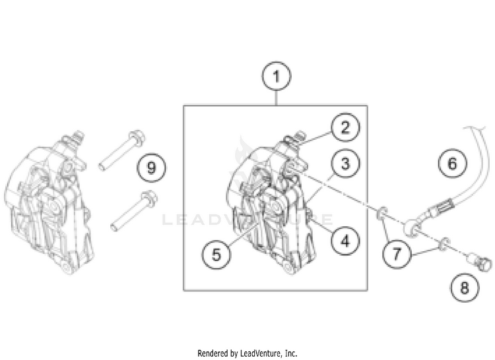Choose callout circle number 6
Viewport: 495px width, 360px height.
(452, 162)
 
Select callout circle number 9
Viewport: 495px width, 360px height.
(151, 167)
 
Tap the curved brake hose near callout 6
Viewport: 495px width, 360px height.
(461, 185)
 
